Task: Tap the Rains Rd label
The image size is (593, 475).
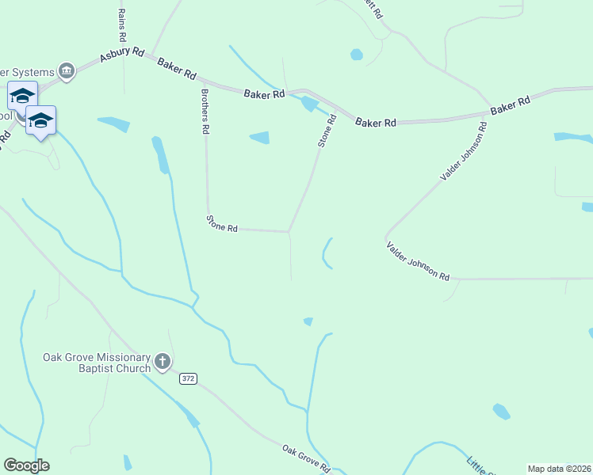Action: click(121, 26)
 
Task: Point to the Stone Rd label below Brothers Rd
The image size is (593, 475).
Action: click(222, 223)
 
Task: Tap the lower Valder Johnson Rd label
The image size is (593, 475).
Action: click(418, 261)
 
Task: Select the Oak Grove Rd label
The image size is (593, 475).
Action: click(306, 458)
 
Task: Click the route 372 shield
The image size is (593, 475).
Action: click(188, 379)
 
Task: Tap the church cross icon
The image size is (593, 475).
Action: click(163, 362)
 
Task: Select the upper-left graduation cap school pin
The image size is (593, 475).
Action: click(22, 96)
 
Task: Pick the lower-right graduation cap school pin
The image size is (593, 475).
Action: click(40, 120)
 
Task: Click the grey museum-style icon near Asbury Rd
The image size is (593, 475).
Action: click(67, 72)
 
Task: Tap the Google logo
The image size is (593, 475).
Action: click(26, 465)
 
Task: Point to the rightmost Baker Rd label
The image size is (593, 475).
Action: click(510, 106)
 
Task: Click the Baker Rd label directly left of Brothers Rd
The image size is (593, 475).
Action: click(177, 68)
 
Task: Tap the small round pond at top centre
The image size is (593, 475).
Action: click(357, 55)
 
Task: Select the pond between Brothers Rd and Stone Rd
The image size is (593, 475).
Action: click(260, 138)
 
